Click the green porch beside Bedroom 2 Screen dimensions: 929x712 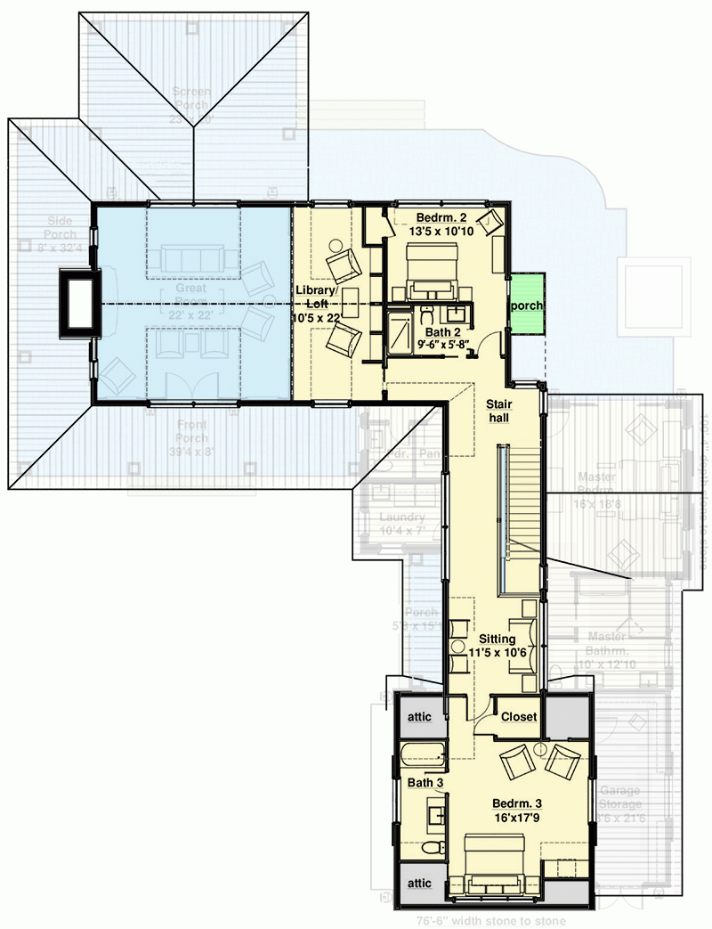point(525,305)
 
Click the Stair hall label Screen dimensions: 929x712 point(498,410)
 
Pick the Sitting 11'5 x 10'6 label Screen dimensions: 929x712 point(497,645)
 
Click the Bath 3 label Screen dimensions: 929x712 point(425,783)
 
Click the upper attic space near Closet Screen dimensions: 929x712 point(419,716)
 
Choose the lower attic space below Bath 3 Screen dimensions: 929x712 point(419,884)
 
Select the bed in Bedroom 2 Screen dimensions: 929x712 point(433,272)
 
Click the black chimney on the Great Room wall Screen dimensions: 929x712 point(77,304)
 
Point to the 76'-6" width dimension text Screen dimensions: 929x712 point(493,921)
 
